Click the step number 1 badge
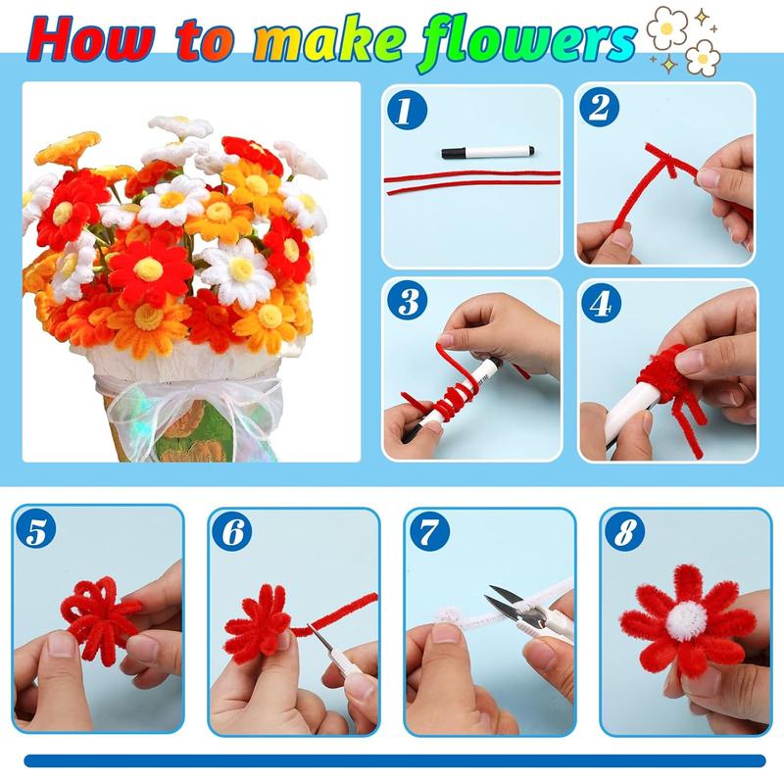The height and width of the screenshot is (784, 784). point(403,110)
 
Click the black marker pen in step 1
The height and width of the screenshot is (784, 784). point(487,152)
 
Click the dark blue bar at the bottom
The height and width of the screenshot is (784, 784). point(392,759)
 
